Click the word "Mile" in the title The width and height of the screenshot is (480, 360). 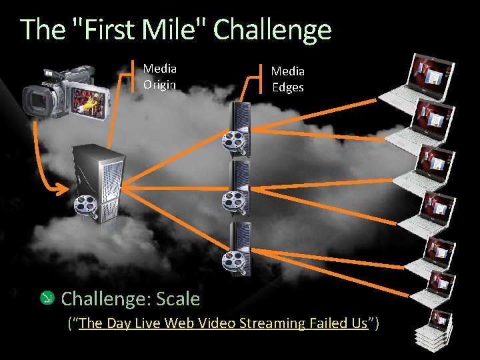point(175,30)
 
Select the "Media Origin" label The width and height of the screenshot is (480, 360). point(160,76)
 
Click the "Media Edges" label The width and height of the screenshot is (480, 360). point(287,79)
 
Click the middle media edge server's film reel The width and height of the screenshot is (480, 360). point(232,199)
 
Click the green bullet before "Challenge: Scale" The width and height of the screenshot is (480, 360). point(47,298)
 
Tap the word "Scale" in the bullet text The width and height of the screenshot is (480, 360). point(178,299)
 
